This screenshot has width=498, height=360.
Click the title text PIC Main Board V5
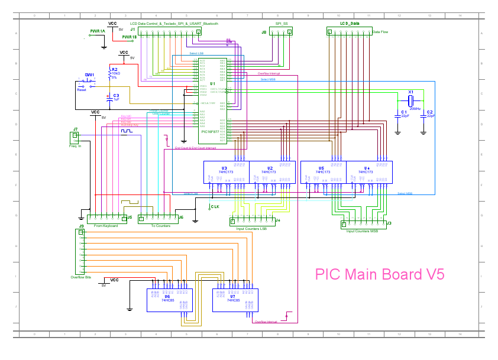[x=379, y=274]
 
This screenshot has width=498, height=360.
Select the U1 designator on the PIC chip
[x=212, y=85]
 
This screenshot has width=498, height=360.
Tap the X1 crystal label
[x=410, y=92]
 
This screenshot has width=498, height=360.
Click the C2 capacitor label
[x=430, y=112]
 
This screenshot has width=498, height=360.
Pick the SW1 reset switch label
[x=89, y=75]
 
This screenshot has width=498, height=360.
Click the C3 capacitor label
[x=116, y=95]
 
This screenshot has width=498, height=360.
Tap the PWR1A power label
[x=98, y=31]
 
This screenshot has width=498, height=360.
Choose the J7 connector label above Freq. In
[x=75, y=129]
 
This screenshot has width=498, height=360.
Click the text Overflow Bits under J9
[x=81, y=277]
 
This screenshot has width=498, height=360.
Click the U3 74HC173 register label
[x=224, y=168]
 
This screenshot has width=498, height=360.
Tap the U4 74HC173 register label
[x=367, y=168]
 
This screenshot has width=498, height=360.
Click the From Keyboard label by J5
[x=106, y=226]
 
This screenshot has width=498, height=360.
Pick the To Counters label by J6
[x=160, y=226]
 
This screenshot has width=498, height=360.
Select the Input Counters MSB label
[x=362, y=231]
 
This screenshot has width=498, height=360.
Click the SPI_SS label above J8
[x=282, y=24]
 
